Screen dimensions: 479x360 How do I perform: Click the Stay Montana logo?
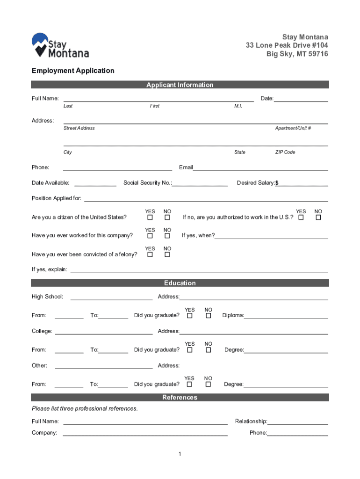[x=60, y=45]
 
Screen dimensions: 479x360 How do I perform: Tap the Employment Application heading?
[x=73, y=71]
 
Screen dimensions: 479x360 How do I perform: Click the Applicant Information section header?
[x=180, y=85]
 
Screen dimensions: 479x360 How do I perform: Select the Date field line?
[x=301, y=99]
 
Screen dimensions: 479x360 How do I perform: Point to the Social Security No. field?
[x=200, y=183]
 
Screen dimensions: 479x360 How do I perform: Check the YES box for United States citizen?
[x=150, y=218]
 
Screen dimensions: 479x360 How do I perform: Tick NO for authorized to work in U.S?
[x=318, y=218]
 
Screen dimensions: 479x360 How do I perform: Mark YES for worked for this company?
[x=150, y=236]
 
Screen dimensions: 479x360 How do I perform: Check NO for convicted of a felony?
[x=167, y=254]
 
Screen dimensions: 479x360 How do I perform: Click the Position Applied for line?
[x=206, y=199]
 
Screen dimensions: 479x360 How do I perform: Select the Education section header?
[x=180, y=283]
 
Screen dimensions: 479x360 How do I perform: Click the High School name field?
[x=111, y=297]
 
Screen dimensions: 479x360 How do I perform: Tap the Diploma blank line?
[x=286, y=316]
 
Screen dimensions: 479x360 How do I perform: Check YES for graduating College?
[x=190, y=350]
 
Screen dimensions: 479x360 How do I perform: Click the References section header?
[x=180, y=397]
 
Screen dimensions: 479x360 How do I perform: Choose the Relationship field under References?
[x=297, y=422]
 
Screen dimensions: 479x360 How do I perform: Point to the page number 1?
[x=180, y=454]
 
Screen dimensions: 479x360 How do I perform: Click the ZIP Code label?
[x=285, y=152]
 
